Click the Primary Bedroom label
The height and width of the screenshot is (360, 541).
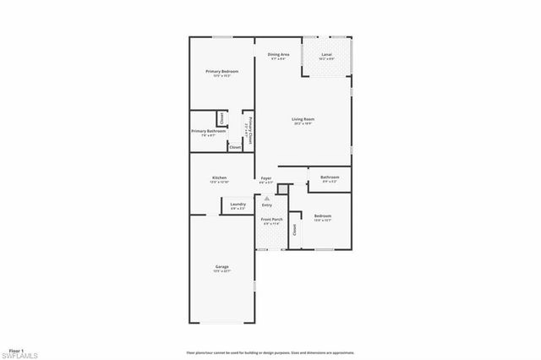click(221, 72)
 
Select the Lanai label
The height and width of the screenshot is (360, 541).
click(326, 55)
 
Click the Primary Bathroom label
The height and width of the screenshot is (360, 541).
click(208, 131)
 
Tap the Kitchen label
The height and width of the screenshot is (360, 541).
click(219, 177)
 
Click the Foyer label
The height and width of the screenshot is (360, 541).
click(265, 177)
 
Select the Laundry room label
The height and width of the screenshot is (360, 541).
click(238, 204)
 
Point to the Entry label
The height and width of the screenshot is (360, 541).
click(267, 205)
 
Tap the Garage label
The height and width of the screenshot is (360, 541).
click(221, 267)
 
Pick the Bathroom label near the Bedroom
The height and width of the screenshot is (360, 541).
click(330, 177)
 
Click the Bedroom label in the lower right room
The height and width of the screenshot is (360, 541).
click(323, 215)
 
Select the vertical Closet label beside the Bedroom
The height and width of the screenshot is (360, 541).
click(294, 229)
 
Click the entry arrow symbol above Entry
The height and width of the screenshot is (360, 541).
click(267, 199)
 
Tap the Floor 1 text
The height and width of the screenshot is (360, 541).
click(16, 349)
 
